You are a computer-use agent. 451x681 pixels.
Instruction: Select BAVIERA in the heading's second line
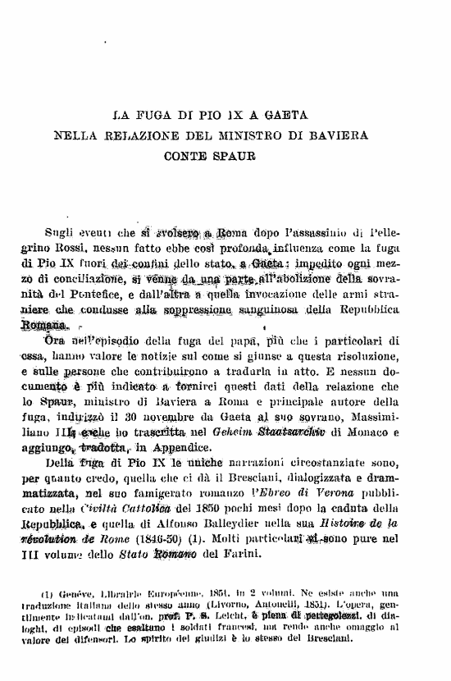click(x=336, y=134)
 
